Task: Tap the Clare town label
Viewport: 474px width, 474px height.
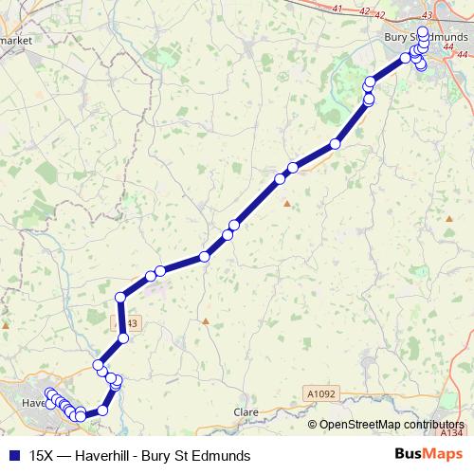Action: pos(246,412)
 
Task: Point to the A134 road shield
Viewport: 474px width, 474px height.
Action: pos(453,430)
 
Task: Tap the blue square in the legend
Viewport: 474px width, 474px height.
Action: pos(13,455)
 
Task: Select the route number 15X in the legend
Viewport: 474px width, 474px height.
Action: pos(43,455)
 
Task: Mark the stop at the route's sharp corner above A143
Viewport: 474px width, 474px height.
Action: pos(120,299)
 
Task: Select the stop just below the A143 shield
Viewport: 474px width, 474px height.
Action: pos(123,338)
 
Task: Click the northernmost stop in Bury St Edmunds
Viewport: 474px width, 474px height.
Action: pos(422,31)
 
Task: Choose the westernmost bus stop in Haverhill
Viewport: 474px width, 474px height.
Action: pos(48,393)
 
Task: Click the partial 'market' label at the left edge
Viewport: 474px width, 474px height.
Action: pos(18,41)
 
